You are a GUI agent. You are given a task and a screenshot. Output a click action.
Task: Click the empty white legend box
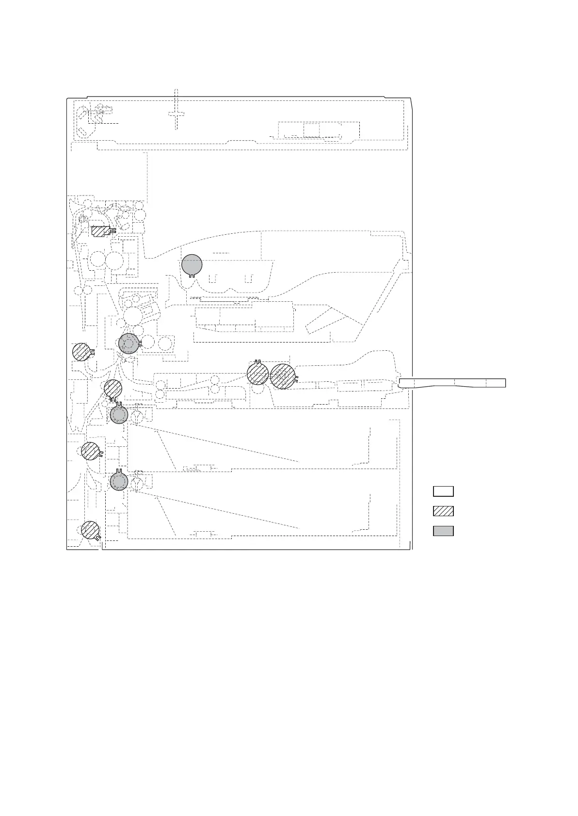(443, 491)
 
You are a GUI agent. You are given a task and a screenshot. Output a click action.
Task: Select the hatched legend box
(443, 511)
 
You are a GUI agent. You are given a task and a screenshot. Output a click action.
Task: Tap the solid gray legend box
(443, 531)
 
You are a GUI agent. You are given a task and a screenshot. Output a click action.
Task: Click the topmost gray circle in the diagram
(192, 264)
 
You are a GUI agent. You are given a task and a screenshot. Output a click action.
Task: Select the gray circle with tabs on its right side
(128, 343)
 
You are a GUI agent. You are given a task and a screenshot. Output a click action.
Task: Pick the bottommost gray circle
(119, 482)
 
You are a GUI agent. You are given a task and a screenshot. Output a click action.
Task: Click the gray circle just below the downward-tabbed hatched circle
(119, 415)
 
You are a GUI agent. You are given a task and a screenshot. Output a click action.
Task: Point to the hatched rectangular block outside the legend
(100, 231)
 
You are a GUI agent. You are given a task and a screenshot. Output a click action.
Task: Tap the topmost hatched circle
(81, 352)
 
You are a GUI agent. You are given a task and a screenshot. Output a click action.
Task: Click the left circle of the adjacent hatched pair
(257, 374)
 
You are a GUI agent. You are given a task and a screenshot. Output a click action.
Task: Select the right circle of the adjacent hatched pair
(282, 376)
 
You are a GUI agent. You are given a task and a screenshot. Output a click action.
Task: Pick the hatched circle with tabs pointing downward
(113, 389)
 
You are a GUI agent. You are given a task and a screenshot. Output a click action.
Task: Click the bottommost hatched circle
(90, 530)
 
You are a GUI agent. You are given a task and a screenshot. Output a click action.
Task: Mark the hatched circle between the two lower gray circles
(90, 451)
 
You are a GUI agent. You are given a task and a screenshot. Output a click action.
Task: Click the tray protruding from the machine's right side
(452, 383)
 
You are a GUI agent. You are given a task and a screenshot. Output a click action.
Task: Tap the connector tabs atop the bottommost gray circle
(119, 471)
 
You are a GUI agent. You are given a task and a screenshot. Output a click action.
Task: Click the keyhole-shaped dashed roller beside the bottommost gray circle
(138, 483)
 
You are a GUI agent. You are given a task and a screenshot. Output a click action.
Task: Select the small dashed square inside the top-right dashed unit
(311, 130)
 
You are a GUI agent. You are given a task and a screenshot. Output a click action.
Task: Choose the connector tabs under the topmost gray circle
(193, 277)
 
